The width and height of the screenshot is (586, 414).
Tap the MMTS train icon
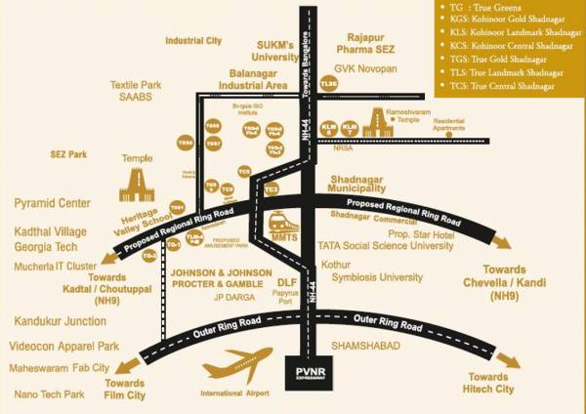coord(284,226)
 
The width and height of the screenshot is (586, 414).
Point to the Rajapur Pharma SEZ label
coord(363,41)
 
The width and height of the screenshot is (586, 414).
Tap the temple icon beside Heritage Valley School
coord(137,183)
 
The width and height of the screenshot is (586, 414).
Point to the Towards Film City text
coord(124,391)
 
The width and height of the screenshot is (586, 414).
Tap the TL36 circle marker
coord(329,85)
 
